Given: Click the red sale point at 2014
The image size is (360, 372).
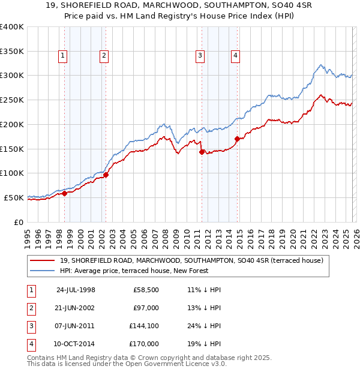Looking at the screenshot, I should pyautogui.click(x=237, y=139).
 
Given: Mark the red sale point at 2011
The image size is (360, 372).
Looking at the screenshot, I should pyautogui.click(x=202, y=151).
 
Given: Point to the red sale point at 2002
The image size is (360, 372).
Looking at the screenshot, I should pyautogui.click(x=106, y=175).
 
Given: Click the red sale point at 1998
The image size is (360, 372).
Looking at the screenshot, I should pyautogui.click(x=65, y=193).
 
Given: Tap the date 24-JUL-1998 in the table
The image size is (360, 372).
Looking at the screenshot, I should pyautogui.click(x=76, y=289).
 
